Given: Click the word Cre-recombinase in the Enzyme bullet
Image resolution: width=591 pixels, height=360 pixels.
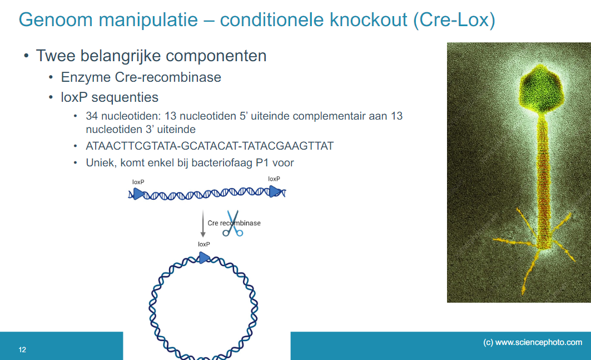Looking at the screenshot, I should pyautogui.click(x=172, y=77).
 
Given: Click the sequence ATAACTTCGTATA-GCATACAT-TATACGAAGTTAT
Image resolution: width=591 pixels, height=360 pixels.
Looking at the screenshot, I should pyautogui.click(x=210, y=146).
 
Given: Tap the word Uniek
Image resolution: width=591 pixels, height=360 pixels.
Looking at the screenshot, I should pyautogui.click(x=101, y=163).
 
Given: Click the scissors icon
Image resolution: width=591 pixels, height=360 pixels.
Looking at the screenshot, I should pyautogui.click(x=232, y=224).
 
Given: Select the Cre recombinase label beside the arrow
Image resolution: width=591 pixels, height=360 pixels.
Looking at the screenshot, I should pyautogui.click(x=234, y=223).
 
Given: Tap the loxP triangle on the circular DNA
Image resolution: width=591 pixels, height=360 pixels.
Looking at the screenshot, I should pyautogui.click(x=204, y=257).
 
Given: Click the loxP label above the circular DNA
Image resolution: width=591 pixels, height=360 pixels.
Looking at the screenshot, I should pyautogui.click(x=203, y=244).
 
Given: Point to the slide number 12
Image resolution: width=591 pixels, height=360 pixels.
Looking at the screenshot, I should pyautogui.click(x=22, y=350).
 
